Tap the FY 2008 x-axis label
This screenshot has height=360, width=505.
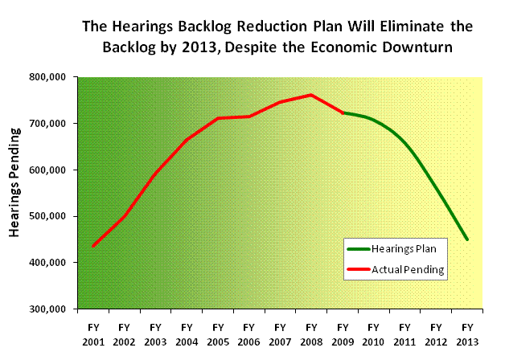310,333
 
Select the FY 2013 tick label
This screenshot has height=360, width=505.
466,333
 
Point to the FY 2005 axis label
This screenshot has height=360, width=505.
217,333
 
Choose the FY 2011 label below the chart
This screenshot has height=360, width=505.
404,333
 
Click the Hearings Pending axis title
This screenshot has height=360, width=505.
14,193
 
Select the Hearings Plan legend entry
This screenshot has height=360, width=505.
399,250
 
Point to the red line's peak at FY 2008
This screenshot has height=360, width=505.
310,95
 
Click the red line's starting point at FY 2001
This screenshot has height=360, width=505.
93,246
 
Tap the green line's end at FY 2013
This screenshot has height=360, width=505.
466,239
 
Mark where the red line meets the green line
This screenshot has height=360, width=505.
343,112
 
